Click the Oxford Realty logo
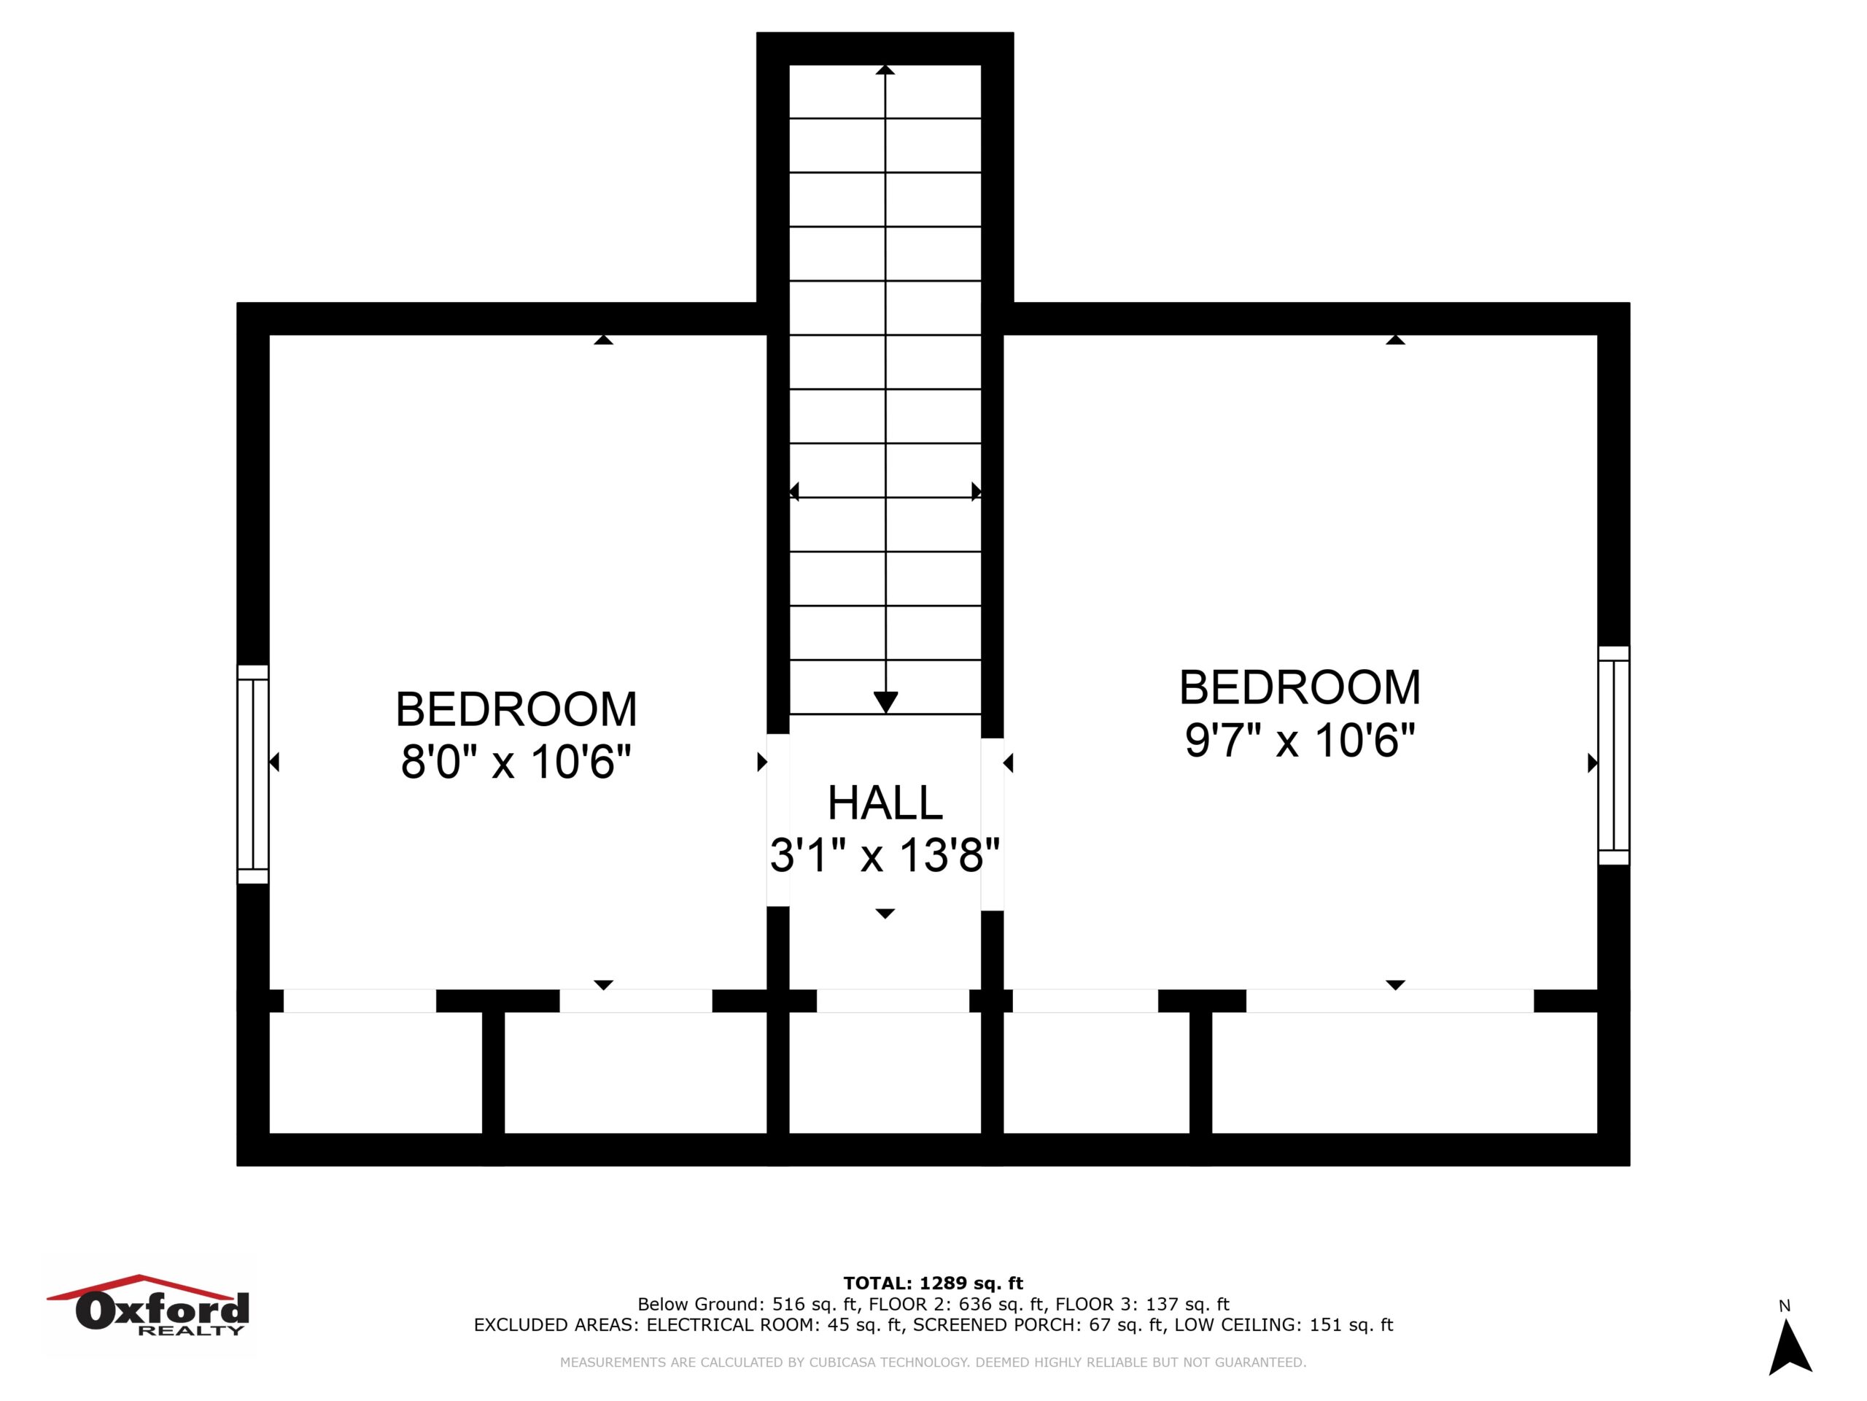pos(148,1305)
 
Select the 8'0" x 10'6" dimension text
pos(516,762)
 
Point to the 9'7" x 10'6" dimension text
pos(1299,740)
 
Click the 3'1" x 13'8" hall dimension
pos(885,854)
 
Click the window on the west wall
pos(253,773)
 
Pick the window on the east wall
pos(1614,755)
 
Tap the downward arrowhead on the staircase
pos(885,702)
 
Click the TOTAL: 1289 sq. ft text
pos(933,1284)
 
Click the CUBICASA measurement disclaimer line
pos(933,1362)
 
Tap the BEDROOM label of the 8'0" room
pos(516,709)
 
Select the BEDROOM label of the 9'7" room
pos(1299,687)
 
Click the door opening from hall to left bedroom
pos(778,820)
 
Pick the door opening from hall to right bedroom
pos(993,825)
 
